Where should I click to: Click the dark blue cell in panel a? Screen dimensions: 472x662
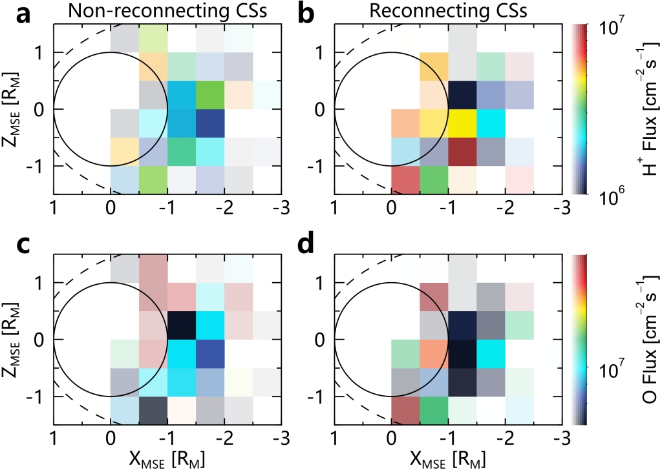point(210,123)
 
